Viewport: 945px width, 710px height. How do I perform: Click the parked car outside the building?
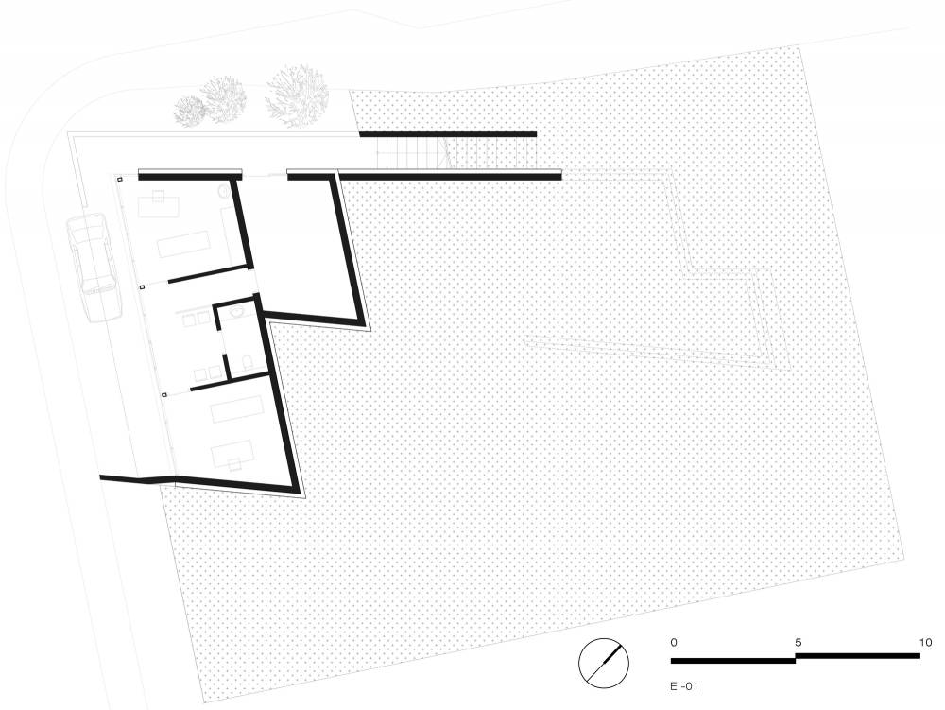point(91,268)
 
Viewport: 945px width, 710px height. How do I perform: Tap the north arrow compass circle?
point(603,663)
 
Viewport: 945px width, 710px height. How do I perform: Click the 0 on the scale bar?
point(674,643)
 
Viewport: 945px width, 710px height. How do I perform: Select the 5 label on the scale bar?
point(799,643)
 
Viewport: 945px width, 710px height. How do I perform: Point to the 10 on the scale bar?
point(926,643)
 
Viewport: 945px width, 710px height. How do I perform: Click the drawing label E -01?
point(683,685)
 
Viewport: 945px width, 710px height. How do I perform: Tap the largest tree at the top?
point(297,96)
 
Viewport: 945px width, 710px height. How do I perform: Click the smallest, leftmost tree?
point(189,111)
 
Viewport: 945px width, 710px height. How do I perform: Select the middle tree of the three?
point(224,99)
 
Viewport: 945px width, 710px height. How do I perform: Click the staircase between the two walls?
point(456,152)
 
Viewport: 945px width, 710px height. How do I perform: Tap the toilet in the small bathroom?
point(247,362)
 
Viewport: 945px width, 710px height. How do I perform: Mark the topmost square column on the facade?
point(119,180)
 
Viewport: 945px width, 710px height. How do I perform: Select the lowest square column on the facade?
point(163,395)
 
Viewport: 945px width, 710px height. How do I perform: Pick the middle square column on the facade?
point(142,287)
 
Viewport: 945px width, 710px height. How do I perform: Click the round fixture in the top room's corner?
point(224,192)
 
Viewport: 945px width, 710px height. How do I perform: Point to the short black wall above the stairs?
point(448,134)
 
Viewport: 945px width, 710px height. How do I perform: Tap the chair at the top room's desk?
point(159,195)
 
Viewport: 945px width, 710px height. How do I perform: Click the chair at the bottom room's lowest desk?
point(234,463)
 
